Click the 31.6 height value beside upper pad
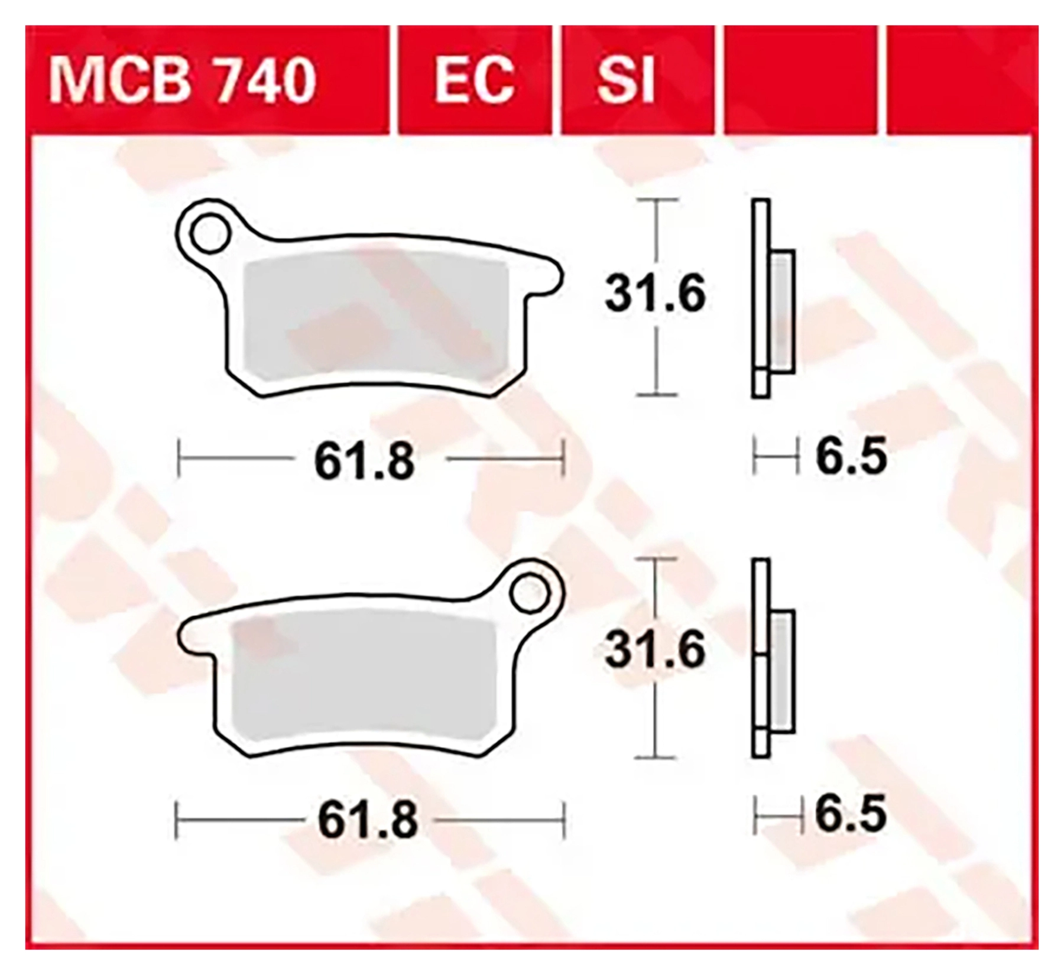[x=655, y=294]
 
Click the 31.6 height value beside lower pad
[x=655, y=649]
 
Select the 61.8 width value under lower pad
[x=368, y=820]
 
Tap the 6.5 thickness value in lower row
[x=851, y=814]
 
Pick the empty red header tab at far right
[x=962, y=80]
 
